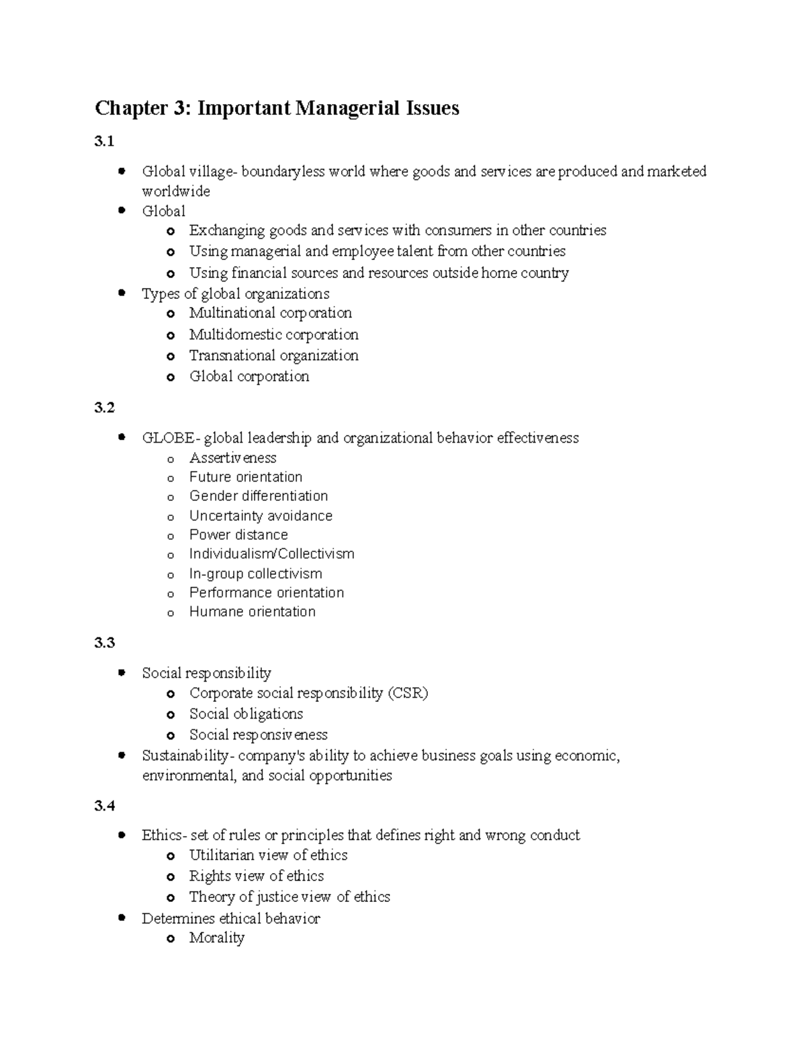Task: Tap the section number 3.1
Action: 104,141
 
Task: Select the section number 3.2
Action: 104,408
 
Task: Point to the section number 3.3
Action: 104,643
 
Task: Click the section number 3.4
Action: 104,806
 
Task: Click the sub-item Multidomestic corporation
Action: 273,334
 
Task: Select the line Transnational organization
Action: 273,355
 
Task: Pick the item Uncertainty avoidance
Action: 261,516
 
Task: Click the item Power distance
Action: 238,535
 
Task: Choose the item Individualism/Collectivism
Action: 271,554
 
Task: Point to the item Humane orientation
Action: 252,612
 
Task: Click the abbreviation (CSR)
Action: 408,693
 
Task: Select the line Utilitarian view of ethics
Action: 268,855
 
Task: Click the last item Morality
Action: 216,938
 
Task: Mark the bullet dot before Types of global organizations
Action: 122,293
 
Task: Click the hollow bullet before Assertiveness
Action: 171,459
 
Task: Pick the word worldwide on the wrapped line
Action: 176,191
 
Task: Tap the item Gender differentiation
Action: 259,496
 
